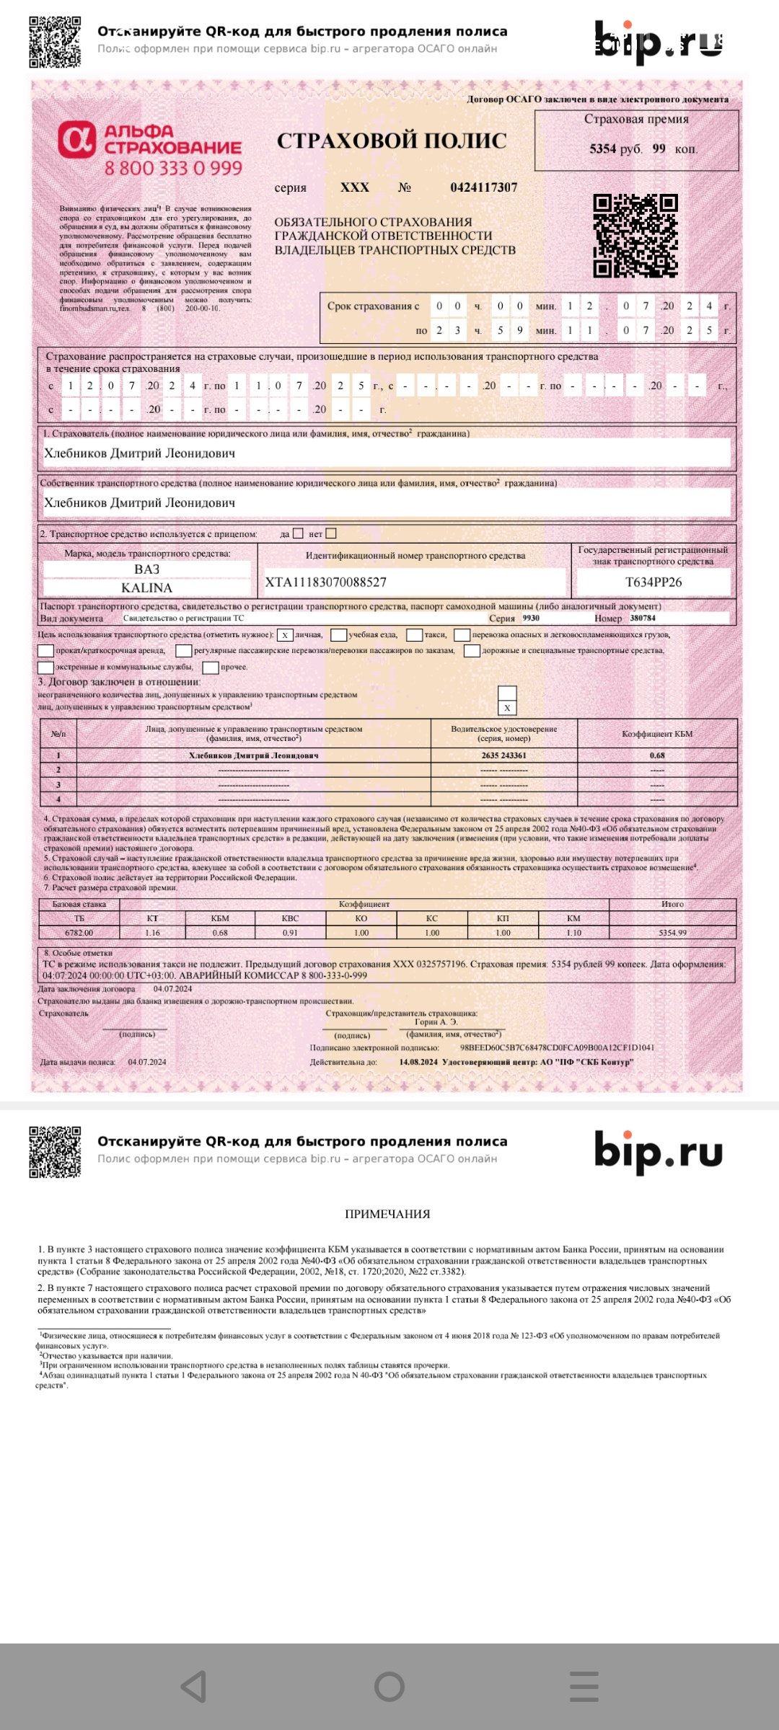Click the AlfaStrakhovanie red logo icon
coord(77,140)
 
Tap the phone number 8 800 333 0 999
coord(173,169)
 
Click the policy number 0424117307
coord(483,187)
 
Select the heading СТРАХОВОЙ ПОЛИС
coord(392,141)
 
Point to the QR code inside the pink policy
coord(635,236)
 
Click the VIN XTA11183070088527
coord(326,582)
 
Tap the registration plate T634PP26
coord(653,582)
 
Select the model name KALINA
coord(146,588)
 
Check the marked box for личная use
coord(285,635)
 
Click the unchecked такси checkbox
coord(414,635)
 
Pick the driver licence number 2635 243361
coord(503,755)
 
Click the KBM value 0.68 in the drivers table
coord(657,755)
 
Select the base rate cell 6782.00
coord(79,933)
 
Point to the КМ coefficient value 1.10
coord(573,933)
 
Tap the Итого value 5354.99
coord(672,933)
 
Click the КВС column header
coord(290,918)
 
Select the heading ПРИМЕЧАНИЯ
coord(387,1214)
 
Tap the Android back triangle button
coord(193,1687)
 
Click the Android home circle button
coord(389,1687)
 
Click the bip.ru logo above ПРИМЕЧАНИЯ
coord(658,1151)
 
